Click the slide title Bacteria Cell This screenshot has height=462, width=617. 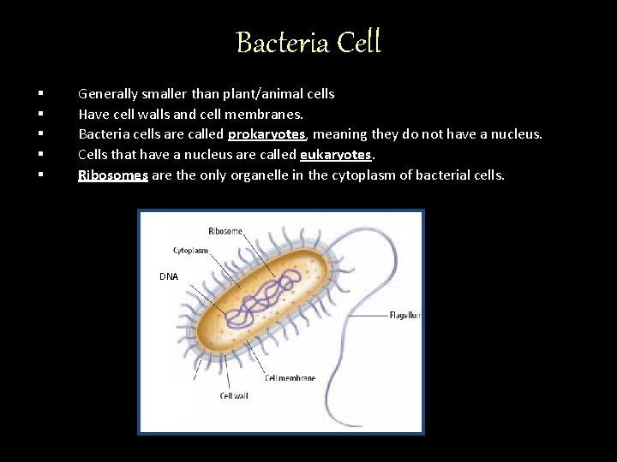(308, 41)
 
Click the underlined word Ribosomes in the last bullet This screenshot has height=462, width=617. (111, 175)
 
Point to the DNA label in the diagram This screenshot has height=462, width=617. (169, 276)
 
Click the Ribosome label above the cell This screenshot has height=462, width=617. (225, 230)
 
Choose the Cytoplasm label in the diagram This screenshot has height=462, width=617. (190, 251)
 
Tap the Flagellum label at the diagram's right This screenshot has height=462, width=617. (404, 314)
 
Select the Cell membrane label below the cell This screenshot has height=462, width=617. (290, 377)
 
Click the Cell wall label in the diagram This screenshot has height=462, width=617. (234, 396)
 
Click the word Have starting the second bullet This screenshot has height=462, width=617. (92, 113)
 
